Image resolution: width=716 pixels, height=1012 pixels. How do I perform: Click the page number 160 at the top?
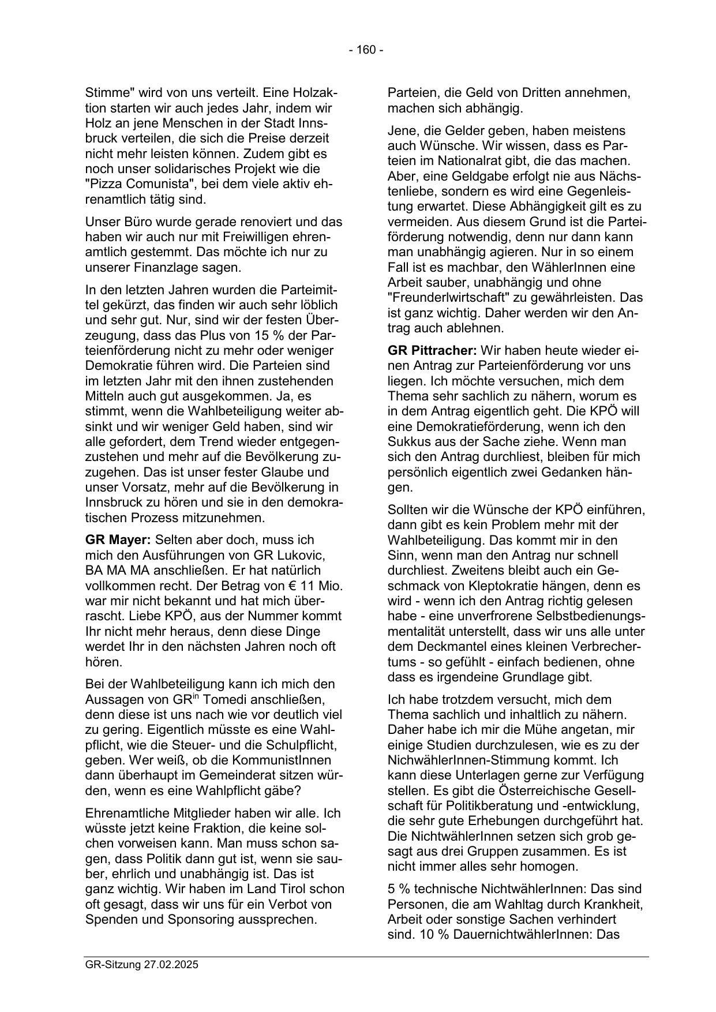[366, 50]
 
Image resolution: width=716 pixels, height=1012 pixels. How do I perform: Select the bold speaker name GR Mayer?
[118, 540]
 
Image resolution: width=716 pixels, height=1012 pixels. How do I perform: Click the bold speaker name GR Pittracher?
[432, 350]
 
